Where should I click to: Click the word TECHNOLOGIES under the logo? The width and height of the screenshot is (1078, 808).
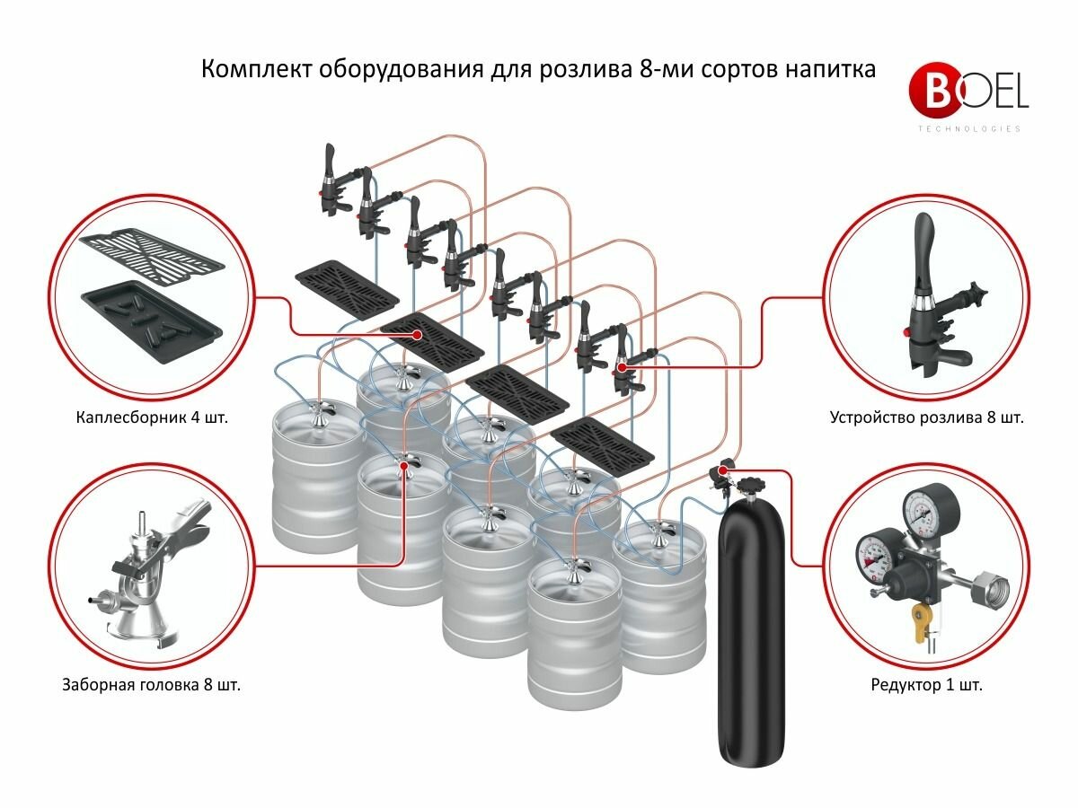pyautogui.click(x=969, y=128)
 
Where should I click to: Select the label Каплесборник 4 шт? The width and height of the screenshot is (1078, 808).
pyautogui.click(x=152, y=417)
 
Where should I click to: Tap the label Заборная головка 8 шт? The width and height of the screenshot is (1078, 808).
pyautogui.click(x=151, y=684)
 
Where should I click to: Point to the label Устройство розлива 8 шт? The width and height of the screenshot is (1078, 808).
pyautogui.click(x=927, y=417)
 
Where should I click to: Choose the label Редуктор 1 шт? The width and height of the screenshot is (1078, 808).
pyautogui.click(x=927, y=684)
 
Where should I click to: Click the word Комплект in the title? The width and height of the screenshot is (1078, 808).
pyautogui.click(x=255, y=69)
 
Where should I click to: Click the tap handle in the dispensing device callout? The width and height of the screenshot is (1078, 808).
pyautogui.click(x=923, y=251)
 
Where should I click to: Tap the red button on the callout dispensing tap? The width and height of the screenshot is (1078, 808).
pyautogui.click(x=906, y=333)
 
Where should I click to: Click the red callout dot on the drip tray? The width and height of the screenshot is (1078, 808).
pyautogui.click(x=417, y=335)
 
